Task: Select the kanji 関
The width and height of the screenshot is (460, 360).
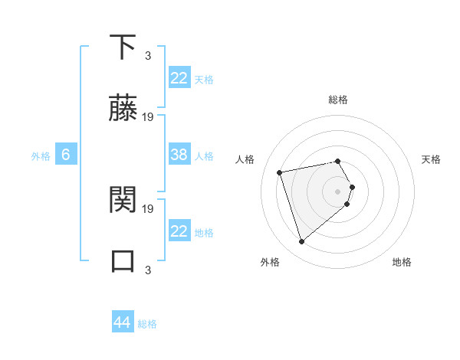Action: coord(123,199)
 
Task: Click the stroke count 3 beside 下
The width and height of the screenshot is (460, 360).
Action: coord(148,56)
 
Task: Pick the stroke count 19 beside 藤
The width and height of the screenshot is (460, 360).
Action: coord(148,117)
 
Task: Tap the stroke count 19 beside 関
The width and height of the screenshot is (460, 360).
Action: coord(148,208)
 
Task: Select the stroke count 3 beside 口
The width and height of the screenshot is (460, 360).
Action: coord(148,270)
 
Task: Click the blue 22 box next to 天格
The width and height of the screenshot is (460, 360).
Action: coord(179,78)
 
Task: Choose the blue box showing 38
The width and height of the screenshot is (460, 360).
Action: coord(179,155)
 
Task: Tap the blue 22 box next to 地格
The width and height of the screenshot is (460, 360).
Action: coord(179,231)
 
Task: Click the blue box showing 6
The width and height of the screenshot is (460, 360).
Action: coord(66,155)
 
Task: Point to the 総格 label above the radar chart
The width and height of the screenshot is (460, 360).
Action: coord(338,100)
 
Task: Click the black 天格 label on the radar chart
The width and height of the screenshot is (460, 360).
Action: coord(432,159)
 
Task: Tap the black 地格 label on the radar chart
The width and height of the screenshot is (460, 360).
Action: coord(402,262)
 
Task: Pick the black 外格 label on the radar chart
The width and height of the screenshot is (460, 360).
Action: coord(270,262)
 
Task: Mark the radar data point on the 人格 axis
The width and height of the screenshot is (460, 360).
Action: coord(281,172)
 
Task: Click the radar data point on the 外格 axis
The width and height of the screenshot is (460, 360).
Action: coord(302,241)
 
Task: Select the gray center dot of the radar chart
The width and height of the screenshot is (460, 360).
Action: coord(338,191)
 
